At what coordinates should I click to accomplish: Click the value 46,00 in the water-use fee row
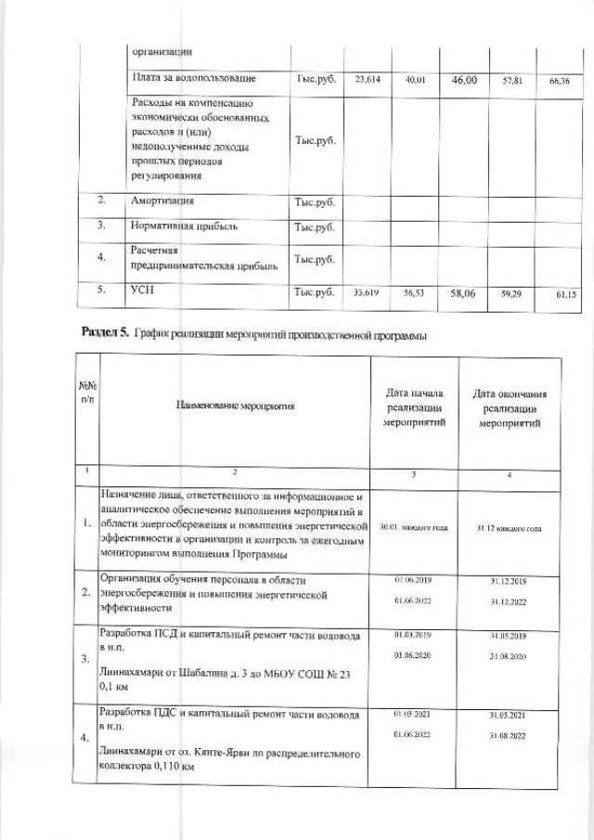coord(463,81)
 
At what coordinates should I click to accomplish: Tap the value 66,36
coord(559,82)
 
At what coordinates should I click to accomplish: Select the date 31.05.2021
coord(509,714)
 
